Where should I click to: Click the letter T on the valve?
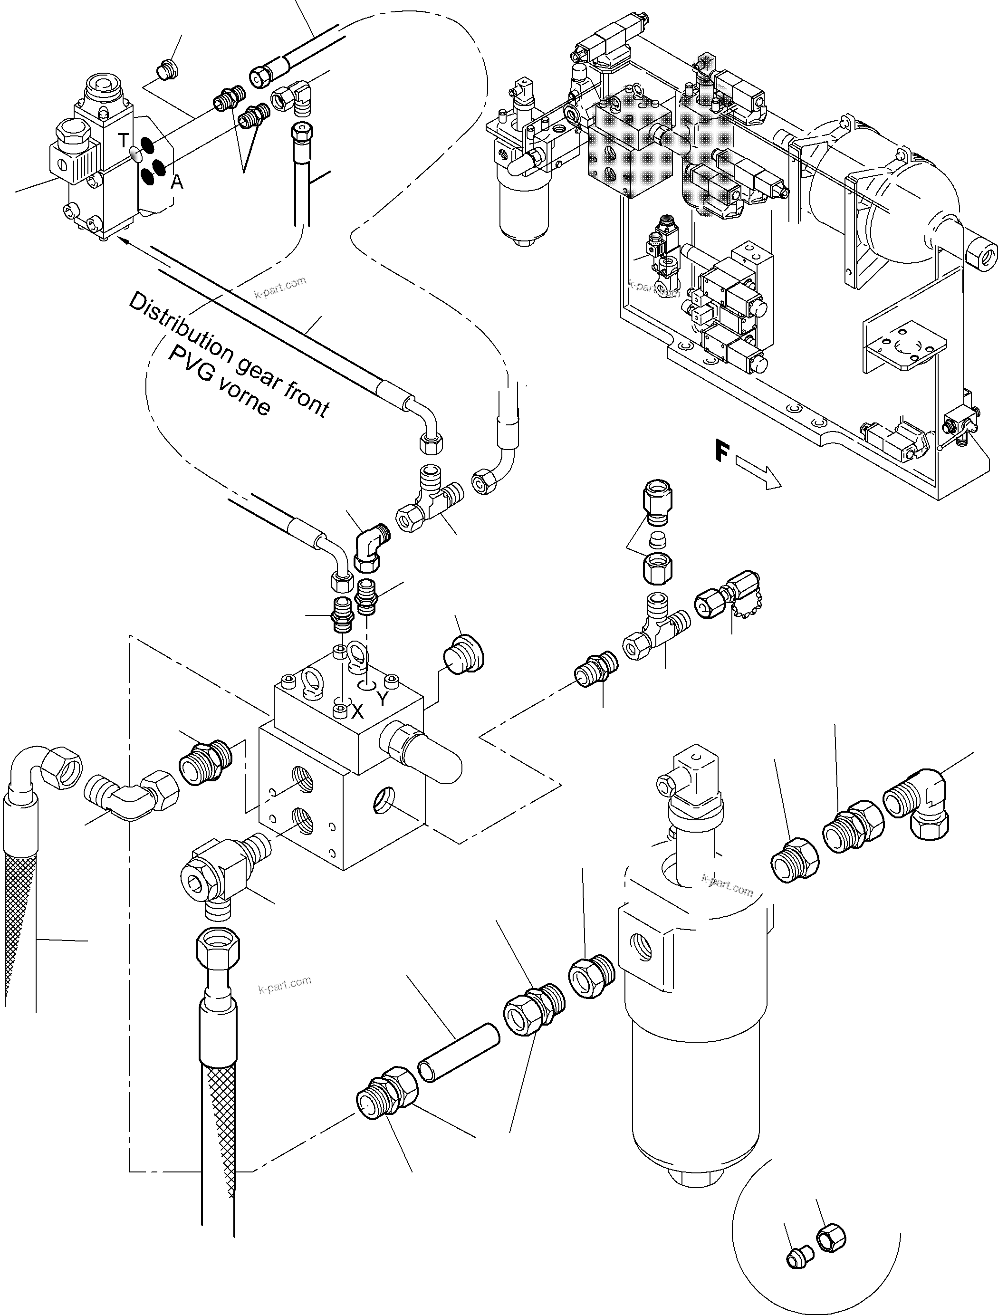tap(123, 141)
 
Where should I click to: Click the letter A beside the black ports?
tap(176, 183)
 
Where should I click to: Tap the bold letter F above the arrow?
tap(721, 452)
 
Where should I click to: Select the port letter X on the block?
tap(357, 711)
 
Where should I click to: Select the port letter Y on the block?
tap(382, 699)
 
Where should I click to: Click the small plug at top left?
tap(166, 71)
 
